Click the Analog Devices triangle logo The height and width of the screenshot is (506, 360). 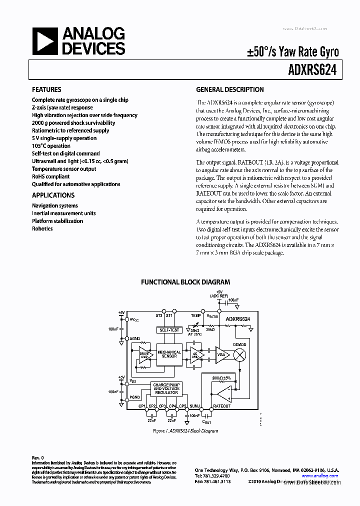[43, 41]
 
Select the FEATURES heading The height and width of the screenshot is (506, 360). [46, 90]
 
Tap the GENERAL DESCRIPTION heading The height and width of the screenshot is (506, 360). [229, 90]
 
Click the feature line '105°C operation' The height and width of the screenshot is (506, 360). [51, 146]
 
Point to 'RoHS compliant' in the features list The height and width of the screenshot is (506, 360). [50, 176]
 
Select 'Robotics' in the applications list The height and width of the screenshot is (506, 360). [42, 228]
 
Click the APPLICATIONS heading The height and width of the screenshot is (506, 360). [53, 195]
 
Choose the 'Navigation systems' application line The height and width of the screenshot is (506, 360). [54, 205]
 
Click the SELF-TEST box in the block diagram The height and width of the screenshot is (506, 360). [168, 330]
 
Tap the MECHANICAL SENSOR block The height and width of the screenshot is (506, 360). [169, 354]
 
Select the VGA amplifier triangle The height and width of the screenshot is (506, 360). [222, 354]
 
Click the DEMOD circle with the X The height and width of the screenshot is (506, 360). [240, 354]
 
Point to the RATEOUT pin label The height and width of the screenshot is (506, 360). [221, 406]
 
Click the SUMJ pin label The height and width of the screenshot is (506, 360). [195, 406]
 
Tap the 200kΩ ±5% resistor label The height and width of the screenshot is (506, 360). [221, 377]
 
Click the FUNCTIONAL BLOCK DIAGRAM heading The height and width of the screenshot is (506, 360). [185, 282]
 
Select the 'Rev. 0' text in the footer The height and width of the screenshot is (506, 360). [38, 457]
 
